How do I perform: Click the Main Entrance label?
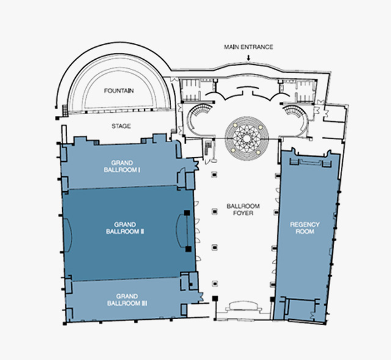pos(249,47)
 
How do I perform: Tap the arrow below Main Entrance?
pos(249,57)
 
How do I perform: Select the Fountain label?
pos(119,91)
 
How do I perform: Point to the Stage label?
pos(121,126)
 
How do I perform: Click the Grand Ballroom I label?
pos(122,167)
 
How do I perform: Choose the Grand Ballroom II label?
pos(125,228)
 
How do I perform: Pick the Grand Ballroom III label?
pos(127,300)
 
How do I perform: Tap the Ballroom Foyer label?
pos(243,209)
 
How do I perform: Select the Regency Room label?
pos(305,228)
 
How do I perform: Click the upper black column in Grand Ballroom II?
pos(187,213)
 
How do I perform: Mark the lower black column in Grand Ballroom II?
pos(189,249)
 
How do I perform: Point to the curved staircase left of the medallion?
pos(202,110)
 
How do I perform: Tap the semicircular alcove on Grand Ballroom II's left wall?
pos(68,236)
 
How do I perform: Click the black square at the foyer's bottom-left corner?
pos(215,298)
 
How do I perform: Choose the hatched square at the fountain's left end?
pos(65,111)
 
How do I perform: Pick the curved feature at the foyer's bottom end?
pos(244,306)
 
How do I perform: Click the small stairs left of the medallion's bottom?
pos(208,148)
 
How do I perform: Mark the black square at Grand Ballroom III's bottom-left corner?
pos(65,323)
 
